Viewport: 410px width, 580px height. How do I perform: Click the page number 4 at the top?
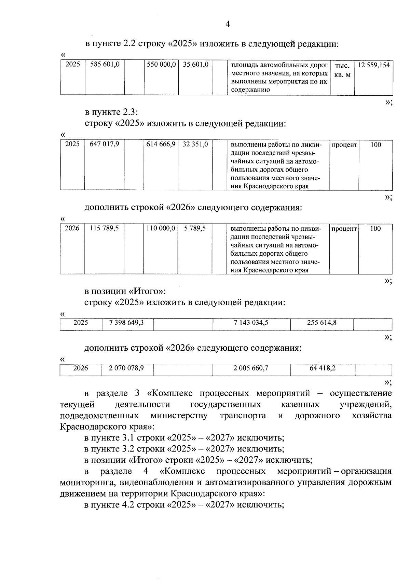228,24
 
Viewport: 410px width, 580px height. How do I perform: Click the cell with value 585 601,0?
105,64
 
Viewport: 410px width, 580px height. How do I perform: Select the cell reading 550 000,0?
161,64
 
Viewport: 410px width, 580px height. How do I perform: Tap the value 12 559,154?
373,65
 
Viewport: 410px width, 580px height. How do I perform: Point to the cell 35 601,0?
195,64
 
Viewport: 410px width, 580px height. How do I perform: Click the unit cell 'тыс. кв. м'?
342,70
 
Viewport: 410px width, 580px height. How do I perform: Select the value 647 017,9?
104,144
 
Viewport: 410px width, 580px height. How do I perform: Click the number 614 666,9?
161,144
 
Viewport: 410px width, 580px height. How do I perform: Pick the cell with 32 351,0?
195,144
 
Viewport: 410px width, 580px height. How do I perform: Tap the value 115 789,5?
104,228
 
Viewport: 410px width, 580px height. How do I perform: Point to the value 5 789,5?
195,228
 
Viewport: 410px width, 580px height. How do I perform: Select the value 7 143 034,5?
251,322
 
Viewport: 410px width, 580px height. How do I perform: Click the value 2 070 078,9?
126,368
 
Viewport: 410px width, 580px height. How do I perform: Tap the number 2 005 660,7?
251,368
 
